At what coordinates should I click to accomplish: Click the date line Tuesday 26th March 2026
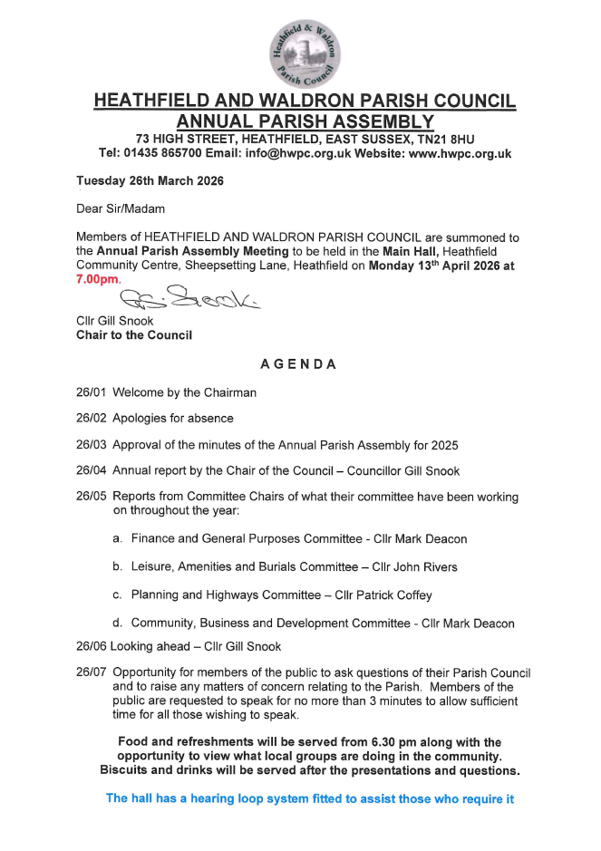pyautogui.click(x=150, y=180)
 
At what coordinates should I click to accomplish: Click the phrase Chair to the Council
pyautogui.click(x=134, y=335)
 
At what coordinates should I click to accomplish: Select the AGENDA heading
pyautogui.click(x=299, y=364)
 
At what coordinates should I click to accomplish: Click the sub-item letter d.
pyautogui.click(x=118, y=624)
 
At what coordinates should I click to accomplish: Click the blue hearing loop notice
pyautogui.click(x=310, y=798)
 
